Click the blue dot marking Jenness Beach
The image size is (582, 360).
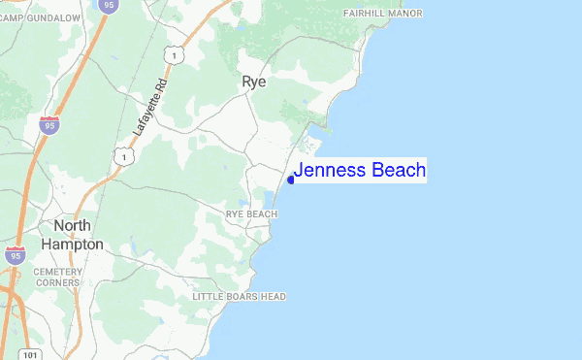tap(291, 180)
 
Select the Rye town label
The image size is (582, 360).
tap(254, 83)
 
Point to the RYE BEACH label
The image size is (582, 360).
tap(251, 213)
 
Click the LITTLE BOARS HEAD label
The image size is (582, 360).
tap(239, 296)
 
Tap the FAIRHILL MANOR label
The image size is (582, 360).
tap(384, 14)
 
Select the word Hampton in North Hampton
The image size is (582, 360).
tap(78, 245)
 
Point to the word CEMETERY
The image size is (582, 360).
tap(59, 272)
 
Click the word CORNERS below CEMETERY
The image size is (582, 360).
tap(59, 283)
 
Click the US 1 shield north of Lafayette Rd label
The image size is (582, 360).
tap(173, 56)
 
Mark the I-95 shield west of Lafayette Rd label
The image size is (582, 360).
tap(48, 123)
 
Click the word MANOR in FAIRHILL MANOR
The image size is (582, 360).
tap(407, 14)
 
